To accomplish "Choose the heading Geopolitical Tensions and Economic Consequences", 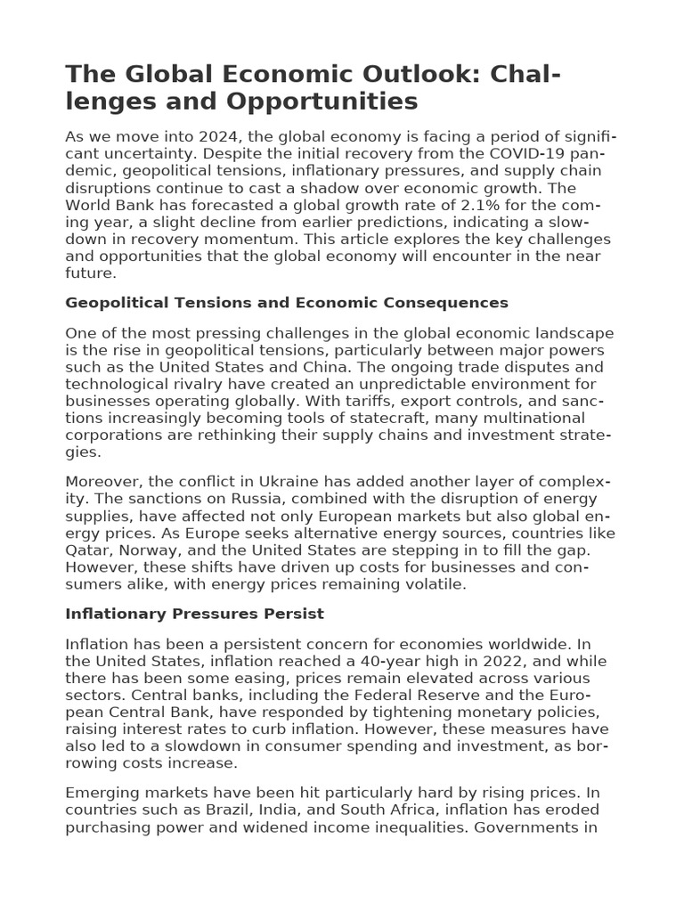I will click(287, 303).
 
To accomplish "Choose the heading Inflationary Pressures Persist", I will click(195, 615).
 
